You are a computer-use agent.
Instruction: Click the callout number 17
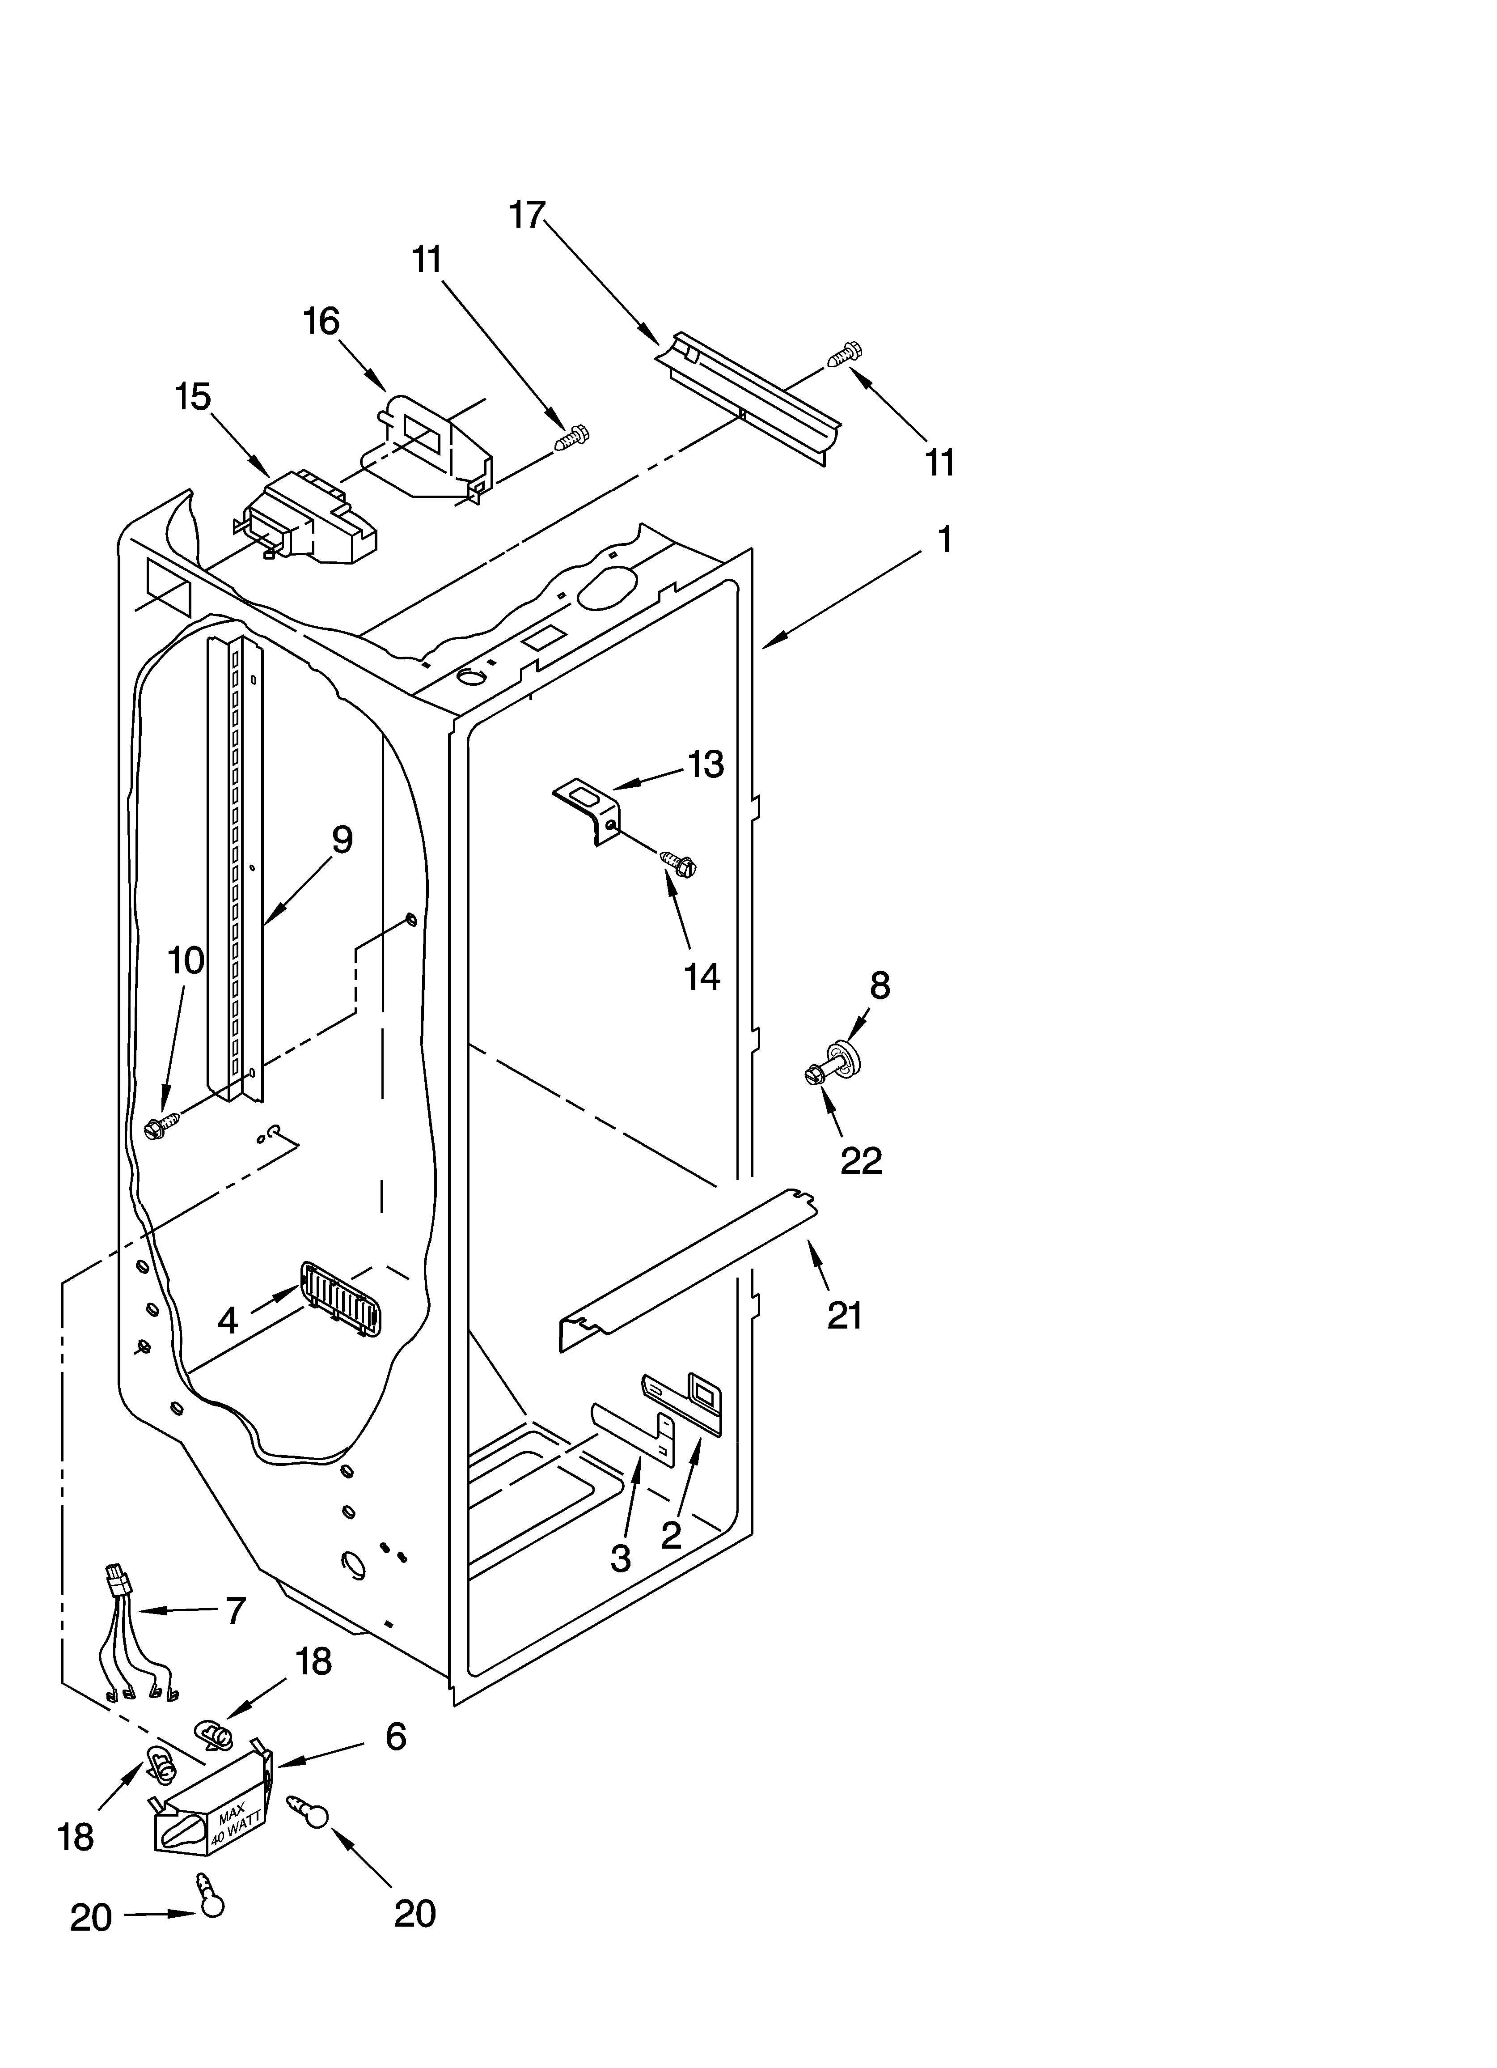pyautogui.click(x=527, y=215)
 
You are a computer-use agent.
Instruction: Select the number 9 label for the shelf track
pyautogui.click(x=342, y=839)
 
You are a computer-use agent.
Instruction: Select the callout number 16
pyautogui.click(x=321, y=321)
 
